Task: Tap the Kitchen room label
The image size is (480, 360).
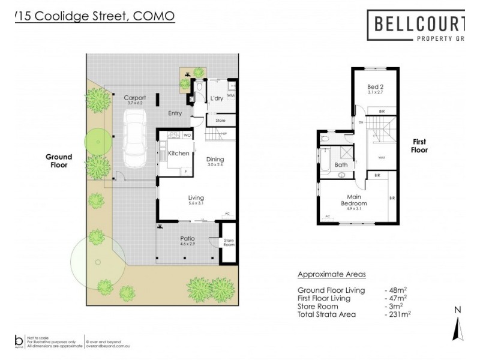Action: point(178,154)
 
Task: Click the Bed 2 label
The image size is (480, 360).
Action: point(375,88)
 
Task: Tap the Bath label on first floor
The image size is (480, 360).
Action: point(341,164)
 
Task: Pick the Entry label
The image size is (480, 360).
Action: point(175,113)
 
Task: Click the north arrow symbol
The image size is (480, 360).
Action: point(458,327)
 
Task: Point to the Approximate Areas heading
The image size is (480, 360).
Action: point(331,275)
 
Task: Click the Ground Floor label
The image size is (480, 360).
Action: point(59,160)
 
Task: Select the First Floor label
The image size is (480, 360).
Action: point(419,146)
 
